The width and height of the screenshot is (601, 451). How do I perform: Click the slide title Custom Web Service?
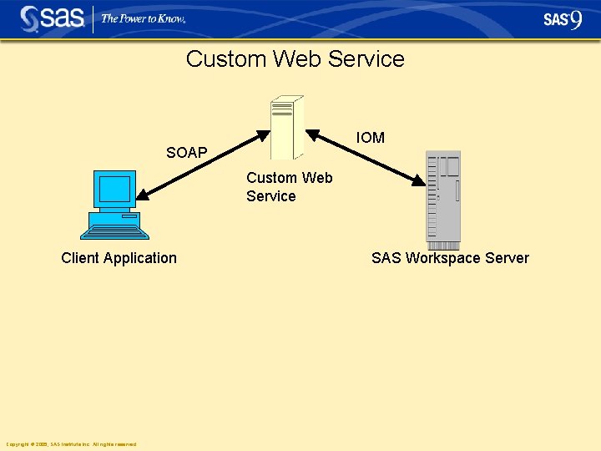[x=295, y=59]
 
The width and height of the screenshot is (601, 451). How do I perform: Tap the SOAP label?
[x=186, y=153]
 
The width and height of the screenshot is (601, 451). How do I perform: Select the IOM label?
[x=370, y=138]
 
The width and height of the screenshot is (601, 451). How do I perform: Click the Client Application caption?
[x=119, y=258]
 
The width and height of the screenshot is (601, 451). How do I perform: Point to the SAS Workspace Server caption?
[x=450, y=258]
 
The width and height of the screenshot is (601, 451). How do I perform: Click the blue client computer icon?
[x=116, y=205]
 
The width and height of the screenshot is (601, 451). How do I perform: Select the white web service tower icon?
[x=286, y=127]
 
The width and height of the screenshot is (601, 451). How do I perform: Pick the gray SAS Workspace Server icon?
[x=442, y=200]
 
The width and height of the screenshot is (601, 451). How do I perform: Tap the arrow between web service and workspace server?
[x=364, y=156]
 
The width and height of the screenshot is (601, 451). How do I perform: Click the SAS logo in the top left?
[x=53, y=18]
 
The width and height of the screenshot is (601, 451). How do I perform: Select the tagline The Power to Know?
[x=143, y=18]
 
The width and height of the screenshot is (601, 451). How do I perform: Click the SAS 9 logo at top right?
[x=562, y=19]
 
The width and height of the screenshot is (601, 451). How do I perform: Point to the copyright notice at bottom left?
[x=71, y=444]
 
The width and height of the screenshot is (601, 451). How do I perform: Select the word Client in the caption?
[x=80, y=258]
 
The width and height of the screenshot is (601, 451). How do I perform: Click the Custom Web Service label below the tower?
[x=289, y=186]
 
